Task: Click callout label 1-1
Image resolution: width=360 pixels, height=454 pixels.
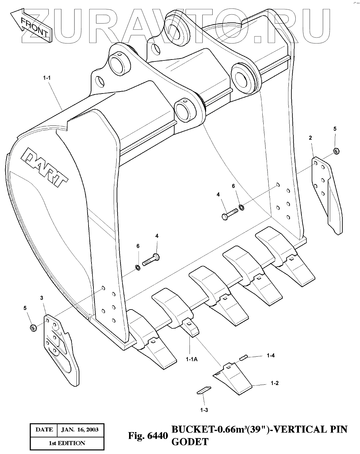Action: pyautogui.click(x=47, y=78)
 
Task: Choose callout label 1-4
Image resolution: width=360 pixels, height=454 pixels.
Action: pyautogui.click(x=270, y=355)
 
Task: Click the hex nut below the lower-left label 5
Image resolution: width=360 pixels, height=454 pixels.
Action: pyautogui.click(x=33, y=328)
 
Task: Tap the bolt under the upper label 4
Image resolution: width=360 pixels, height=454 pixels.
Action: pyautogui.click(x=231, y=215)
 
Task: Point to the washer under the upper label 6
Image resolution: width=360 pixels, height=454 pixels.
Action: pyautogui.click(x=241, y=207)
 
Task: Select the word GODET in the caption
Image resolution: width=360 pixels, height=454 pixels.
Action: pyautogui.click(x=189, y=442)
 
